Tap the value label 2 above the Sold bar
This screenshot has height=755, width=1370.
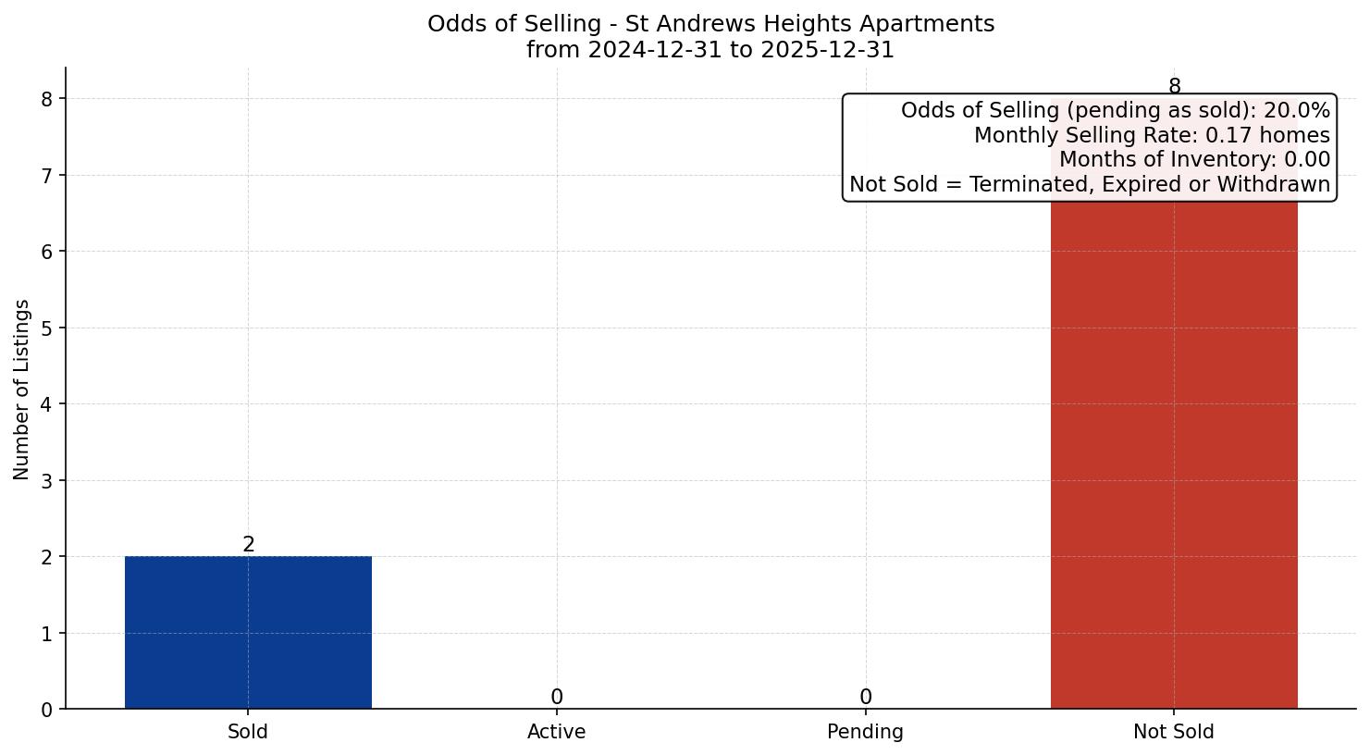coord(248,545)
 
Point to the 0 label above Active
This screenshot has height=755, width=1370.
coord(556,698)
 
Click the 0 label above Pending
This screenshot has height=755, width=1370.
coord(865,698)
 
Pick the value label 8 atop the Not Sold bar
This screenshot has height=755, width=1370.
coord(1174,87)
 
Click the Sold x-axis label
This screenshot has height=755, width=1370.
coord(248,732)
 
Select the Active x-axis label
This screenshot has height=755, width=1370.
coord(556,732)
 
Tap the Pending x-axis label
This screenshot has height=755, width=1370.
coord(865,732)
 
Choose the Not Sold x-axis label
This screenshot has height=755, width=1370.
coord(1173,732)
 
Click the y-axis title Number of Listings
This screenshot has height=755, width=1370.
coord(22,390)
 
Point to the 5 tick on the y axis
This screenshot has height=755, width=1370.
coord(47,328)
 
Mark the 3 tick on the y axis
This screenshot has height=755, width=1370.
coord(47,480)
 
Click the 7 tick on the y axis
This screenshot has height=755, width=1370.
coord(47,175)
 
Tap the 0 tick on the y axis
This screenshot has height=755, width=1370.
coord(47,710)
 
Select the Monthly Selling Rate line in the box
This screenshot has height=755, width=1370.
coord(1152,136)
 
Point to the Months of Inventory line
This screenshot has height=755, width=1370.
coord(1194,160)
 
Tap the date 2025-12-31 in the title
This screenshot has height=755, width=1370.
coord(828,50)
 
